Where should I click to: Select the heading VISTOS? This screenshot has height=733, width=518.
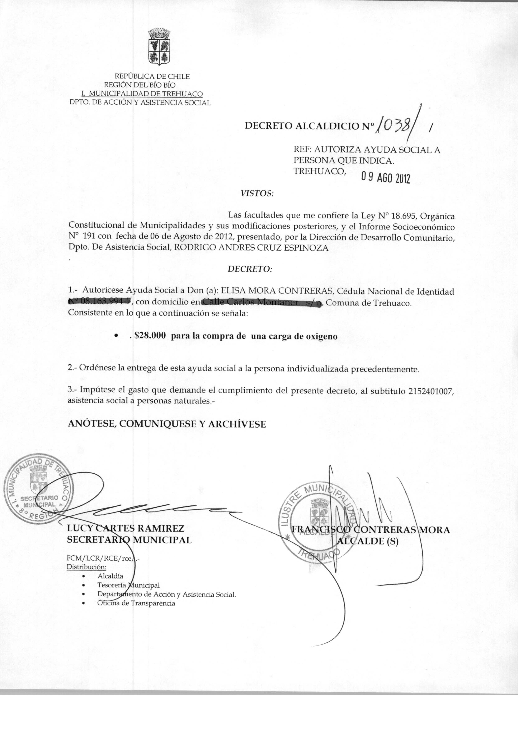pyautogui.click(x=257, y=194)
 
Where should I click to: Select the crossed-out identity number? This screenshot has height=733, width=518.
pyautogui.click(x=100, y=302)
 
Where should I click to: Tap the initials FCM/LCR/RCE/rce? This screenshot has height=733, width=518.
pyautogui.click(x=99, y=559)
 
